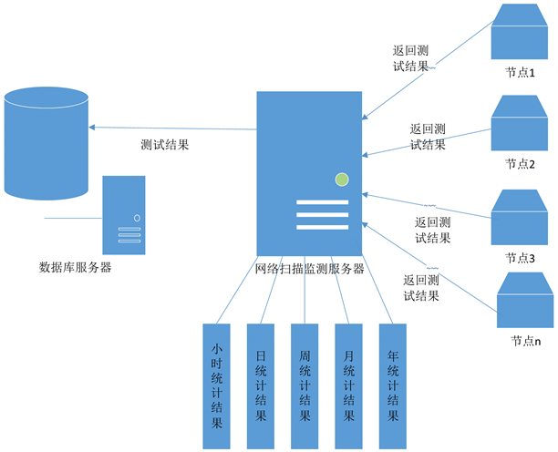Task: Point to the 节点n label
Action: click(x=525, y=341)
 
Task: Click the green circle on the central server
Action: click(x=342, y=180)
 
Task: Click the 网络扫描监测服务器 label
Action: click(x=310, y=269)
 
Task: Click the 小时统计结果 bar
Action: click(x=217, y=385)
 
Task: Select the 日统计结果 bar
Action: click(x=261, y=385)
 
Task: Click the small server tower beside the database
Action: click(x=124, y=216)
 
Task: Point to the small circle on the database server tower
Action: click(x=137, y=218)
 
